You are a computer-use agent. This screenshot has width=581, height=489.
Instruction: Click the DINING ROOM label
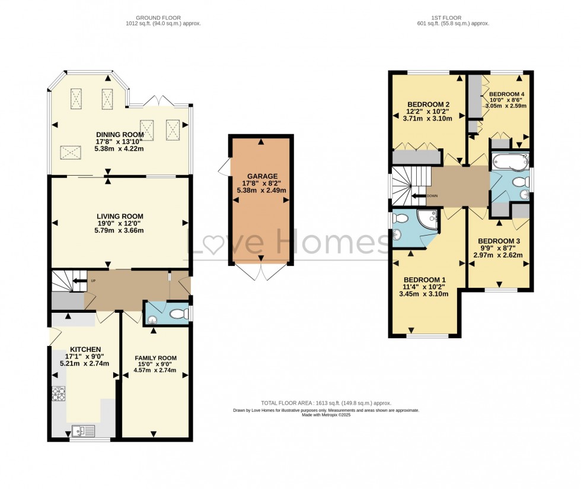pyautogui.click(x=121, y=134)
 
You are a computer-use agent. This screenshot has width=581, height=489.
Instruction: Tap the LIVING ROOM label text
pyautogui.click(x=120, y=216)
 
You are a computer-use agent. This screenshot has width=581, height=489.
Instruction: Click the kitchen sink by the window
pyautogui.click(x=79, y=430)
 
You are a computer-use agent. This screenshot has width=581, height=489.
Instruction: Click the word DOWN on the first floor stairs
pyautogui.click(x=432, y=195)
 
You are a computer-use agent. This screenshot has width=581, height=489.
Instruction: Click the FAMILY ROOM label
pyautogui.click(x=155, y=357)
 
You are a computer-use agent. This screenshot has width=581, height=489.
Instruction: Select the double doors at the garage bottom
pyautogui.click(x=261, y=272)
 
